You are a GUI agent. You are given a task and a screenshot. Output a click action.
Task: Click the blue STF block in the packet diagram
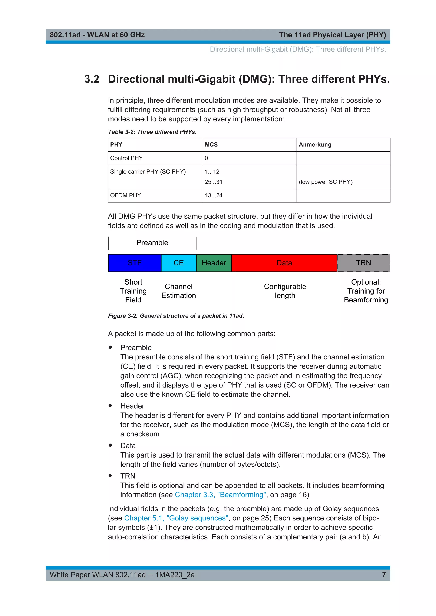coord(135,263)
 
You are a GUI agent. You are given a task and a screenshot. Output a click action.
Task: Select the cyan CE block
coord(179,263)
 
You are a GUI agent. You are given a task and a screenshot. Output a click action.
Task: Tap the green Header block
coord(214,263)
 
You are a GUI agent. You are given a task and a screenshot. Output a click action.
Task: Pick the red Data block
coord(284,263)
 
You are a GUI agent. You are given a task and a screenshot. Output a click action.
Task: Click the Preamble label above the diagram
coord(152,243)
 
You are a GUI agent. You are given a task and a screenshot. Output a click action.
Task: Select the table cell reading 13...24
coord(214,196)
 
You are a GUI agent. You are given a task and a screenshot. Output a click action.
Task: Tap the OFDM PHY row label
coord(125,196)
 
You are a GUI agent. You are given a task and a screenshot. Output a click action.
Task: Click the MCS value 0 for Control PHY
coord(206,158)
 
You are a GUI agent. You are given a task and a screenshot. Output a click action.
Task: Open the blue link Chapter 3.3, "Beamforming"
coord(220,495)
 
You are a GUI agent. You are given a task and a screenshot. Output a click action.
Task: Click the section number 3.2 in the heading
coord(92,79)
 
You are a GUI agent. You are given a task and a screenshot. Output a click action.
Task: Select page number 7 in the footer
coord(384,575)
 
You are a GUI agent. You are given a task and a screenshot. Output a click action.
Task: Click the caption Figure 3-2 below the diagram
coord(176,316)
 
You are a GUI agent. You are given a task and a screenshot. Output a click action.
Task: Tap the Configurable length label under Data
coord(285,291)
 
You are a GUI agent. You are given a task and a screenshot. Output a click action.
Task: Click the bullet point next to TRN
coord(110,476)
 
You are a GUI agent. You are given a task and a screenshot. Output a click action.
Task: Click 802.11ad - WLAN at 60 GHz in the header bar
coord(97,35)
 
